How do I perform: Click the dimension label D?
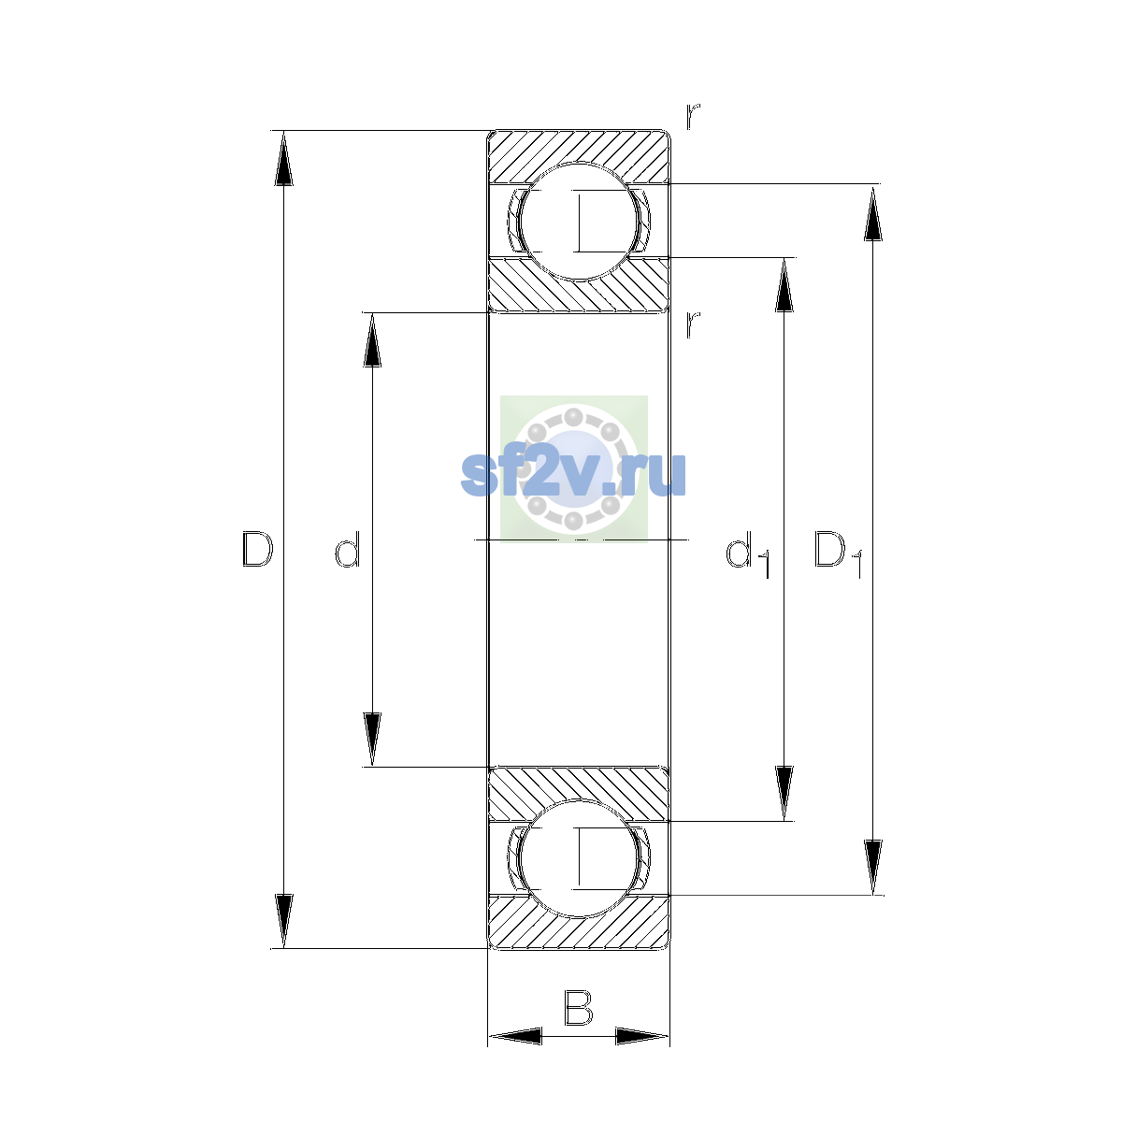[x=257, y=549]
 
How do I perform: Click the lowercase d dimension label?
[x=348, y=549]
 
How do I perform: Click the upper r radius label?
[x=692, y=117]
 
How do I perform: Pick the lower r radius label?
[x=692, y=324]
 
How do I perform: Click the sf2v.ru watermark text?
[x=573, y=475]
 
